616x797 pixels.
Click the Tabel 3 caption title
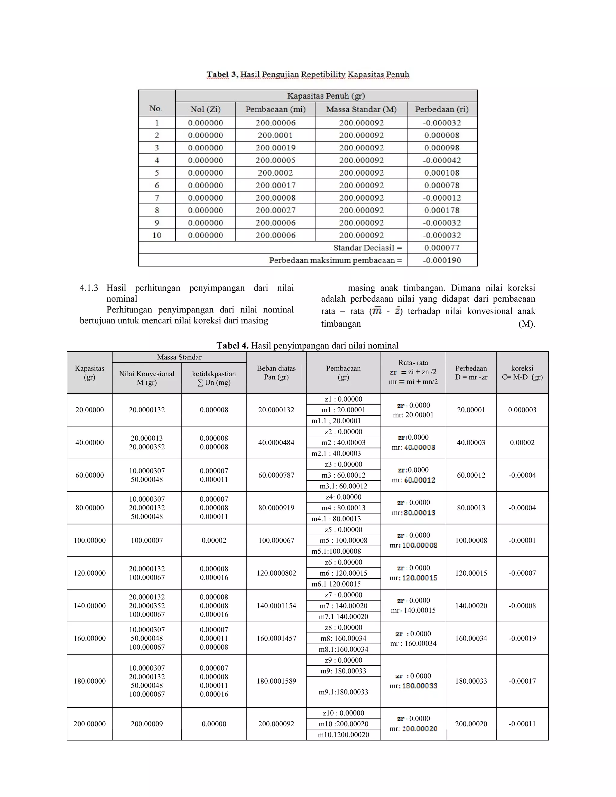[x=308, y=75]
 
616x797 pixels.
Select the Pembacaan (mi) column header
[x=275, y=109]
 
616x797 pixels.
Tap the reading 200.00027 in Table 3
[x=275, y=210]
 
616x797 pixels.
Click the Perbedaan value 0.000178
[x=442, y=210]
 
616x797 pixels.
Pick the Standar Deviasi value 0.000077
[x=442, y=248]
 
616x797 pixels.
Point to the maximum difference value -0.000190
[x=442, y=260]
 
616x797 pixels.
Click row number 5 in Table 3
[x=157, y=173]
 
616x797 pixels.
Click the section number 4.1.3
[x=89, y=288]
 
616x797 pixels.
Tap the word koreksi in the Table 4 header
[x=522, y=368]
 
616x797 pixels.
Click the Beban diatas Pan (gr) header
[x=276, y=373]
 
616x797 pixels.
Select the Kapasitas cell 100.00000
[x=89, y=540]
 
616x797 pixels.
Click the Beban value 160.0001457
[x=276, y=638]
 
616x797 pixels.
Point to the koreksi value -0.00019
[x=522, y=638]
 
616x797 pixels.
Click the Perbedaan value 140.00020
[x=471, y=606]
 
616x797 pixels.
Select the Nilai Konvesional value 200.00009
[x=147, y=724]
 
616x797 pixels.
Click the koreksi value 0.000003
[x=522, y=410]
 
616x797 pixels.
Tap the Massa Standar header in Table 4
[x=179, y=357]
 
